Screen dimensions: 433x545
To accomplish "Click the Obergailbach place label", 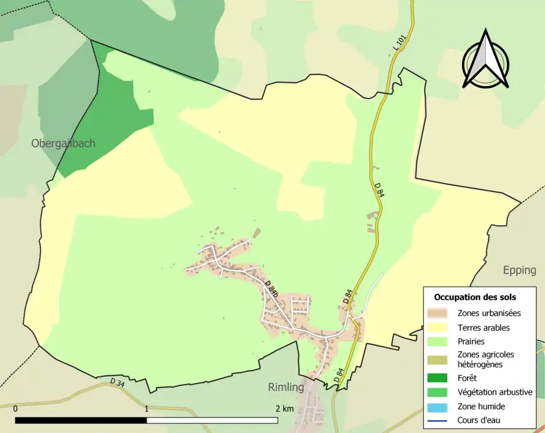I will pyautogui.click(x=63, y=144).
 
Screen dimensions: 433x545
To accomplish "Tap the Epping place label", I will pyautogui.click(x=519, y=270).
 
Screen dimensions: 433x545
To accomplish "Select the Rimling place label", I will pyautogui.click(x=286, y=388).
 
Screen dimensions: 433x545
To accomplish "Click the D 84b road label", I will pyautogui.click(x=271, y=289).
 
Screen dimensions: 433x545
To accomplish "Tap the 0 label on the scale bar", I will pyautogui.click(x=15, y=409).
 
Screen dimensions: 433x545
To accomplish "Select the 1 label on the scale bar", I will pyautogui.click(x=146, y=409).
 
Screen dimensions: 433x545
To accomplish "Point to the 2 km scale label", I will pyautogui.click(x=284, y=409).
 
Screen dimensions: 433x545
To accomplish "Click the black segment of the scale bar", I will pyautogui.click(x=81, y=421).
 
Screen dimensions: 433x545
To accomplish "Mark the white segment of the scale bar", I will pyautogui.click(x=212, y=421).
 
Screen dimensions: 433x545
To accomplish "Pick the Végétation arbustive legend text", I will pyautogui.click(x=494, y=392).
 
